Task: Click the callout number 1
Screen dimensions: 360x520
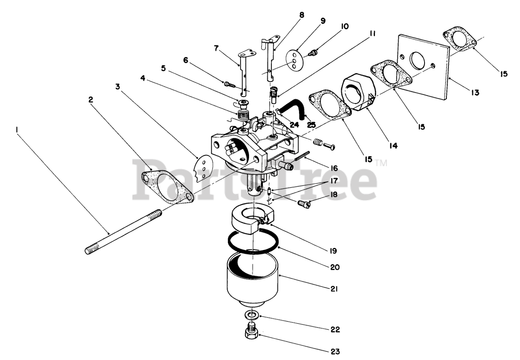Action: tap(17, 129)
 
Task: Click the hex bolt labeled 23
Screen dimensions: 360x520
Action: tap(252, 332)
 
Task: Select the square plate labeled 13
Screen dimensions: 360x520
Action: tap(422, 67)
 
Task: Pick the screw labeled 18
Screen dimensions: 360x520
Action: tap(303, 204)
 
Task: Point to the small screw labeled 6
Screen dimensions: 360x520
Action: tap(230, 84)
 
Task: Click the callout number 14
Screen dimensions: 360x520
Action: tap(393, 145)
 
